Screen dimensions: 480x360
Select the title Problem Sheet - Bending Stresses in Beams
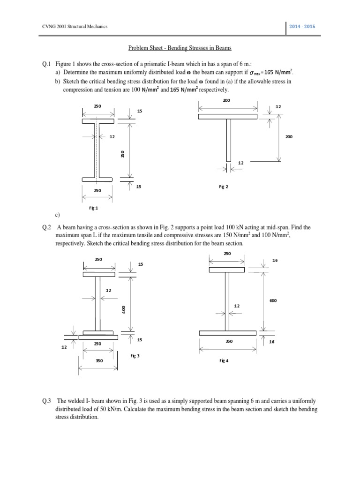tap(180, 48)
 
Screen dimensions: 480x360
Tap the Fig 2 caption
tap(223, 187)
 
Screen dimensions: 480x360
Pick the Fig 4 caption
tap(224, 361)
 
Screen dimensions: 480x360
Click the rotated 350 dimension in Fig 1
tap(121, 154)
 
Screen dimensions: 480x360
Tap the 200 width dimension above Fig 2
tap(226, 100)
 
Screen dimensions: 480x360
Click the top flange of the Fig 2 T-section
tap(227, 116)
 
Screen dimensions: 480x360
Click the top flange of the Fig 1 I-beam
tap(97, 121)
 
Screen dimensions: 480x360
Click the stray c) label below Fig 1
tap(57, 215)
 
